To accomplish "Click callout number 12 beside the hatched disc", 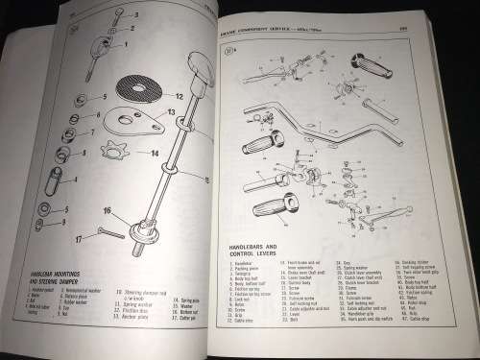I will tap(180, 97).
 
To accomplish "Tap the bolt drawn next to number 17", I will tap(104, 232).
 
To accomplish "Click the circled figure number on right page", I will tap(230, 53).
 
